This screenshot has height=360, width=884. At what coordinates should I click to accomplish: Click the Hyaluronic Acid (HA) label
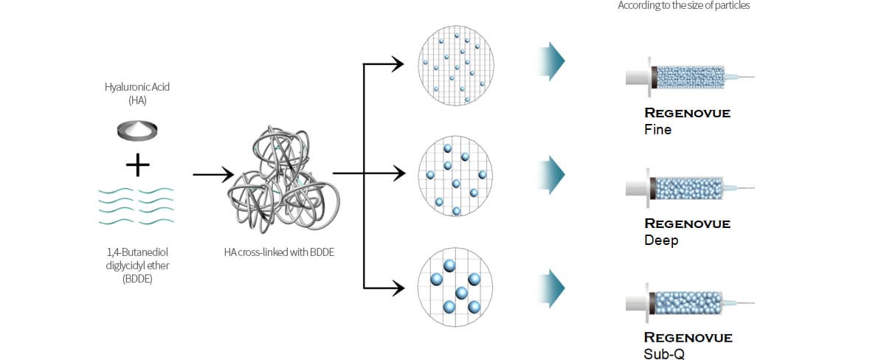tap(137, 93)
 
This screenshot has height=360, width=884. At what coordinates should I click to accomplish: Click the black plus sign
tap(137, 166)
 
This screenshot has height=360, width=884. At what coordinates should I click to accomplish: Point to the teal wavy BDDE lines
tap(136, 206)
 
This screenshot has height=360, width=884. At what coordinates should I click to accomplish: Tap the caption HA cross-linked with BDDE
tap(279, 252)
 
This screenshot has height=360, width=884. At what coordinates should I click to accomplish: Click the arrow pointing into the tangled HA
tap(213, 175)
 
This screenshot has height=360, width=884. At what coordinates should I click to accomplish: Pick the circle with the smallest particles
tap(456, 66)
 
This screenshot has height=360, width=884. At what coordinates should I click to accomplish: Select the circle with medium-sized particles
tap(456, 176)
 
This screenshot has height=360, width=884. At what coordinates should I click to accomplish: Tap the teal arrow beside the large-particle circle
tap(552, 288)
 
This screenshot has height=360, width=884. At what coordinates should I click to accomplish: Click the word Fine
tap(657, 130)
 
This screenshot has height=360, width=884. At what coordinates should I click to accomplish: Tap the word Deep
tap(660, 241)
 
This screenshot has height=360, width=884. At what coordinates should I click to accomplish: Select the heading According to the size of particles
tap(683, 6)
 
